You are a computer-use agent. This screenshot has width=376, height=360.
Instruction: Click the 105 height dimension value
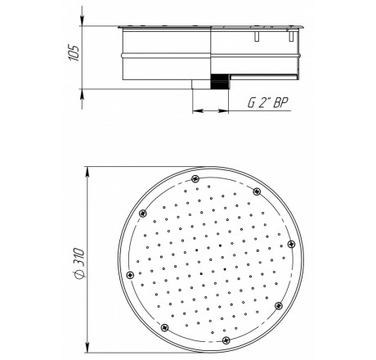[74, 52]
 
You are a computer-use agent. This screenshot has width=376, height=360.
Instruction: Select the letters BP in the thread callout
[280, 103]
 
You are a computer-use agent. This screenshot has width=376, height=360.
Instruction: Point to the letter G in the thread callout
[252, 103]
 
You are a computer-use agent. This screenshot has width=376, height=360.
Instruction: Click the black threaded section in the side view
[220, 81]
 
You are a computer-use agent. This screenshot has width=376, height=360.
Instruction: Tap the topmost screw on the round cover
[195, 179]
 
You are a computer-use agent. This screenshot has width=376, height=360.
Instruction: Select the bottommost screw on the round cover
[226, 340]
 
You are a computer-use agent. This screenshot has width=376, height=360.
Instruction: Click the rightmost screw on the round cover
[291, 244]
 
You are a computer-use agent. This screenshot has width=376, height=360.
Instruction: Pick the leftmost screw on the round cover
[131, 275]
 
